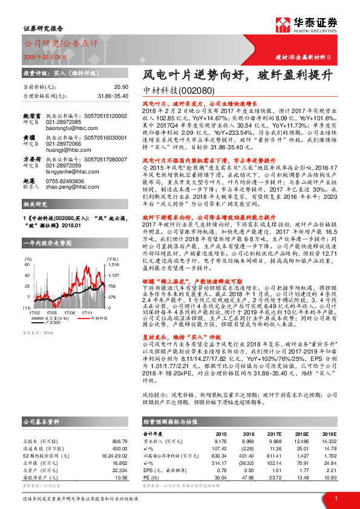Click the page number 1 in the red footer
point(335,498)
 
